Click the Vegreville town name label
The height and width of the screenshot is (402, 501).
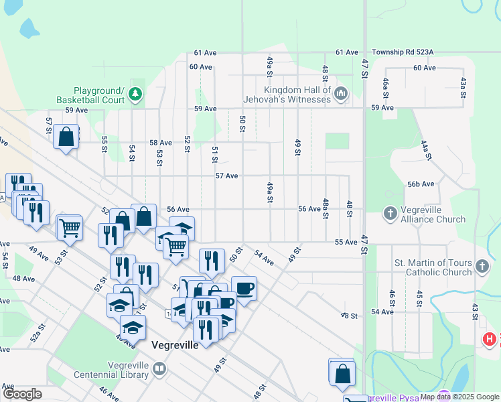pos(175,346)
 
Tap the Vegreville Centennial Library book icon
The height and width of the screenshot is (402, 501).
pos(159,367)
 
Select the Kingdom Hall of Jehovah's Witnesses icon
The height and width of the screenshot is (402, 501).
pos(341,94)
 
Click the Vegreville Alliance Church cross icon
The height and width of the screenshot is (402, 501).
pos(390,214)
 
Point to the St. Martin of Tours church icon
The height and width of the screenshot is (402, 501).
pos(481,267)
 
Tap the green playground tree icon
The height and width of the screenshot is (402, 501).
pos(136,94)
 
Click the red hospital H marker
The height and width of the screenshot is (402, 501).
pos(490,339)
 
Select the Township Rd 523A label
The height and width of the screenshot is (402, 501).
pos(404,52)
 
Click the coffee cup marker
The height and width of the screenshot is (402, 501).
pos(244,288)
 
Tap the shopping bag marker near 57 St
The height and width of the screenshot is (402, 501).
pos(67,137)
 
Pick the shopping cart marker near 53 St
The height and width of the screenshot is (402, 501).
pos(70,227)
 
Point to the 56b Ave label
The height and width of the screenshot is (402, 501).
pos(421,184)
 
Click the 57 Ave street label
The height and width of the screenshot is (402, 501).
pos(227,176)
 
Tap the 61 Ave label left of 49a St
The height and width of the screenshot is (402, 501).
pos(206,52)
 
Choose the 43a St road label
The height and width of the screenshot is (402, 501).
pos(463,88)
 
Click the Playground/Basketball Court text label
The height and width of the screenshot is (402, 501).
pos(99,95)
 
